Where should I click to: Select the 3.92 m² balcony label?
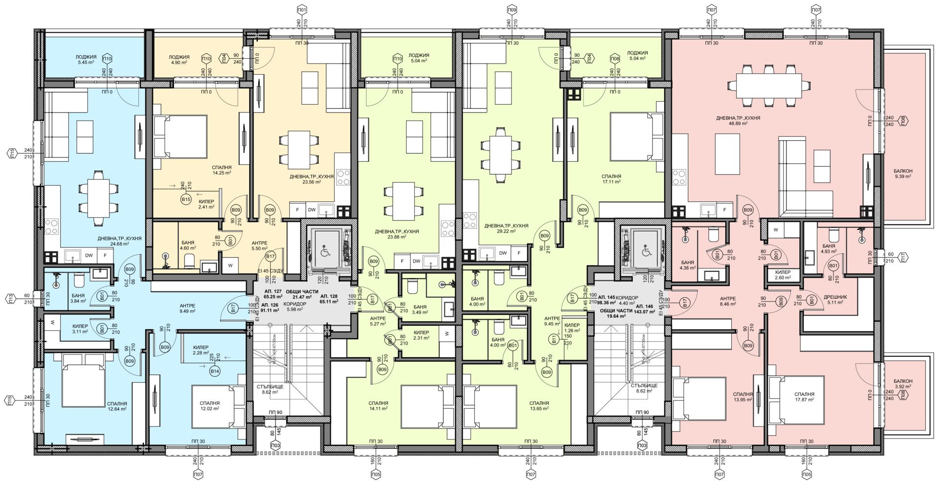902,383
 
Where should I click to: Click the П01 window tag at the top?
302,9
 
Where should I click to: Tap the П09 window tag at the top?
512,9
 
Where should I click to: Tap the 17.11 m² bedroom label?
611,178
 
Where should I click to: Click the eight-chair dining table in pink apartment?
768,86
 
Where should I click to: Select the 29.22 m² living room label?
506,229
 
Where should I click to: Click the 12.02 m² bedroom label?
210,406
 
